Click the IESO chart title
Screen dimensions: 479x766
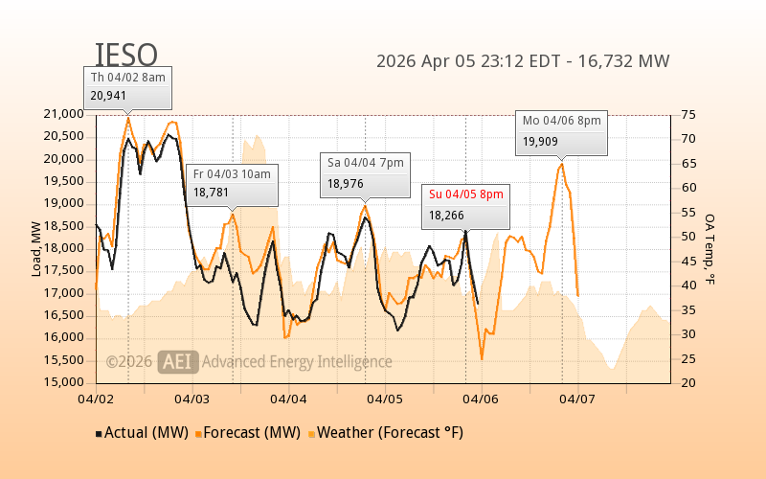pyautogui.click(x=126, y=56)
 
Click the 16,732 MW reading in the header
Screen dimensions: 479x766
pyautogui.click(x=626, y=61)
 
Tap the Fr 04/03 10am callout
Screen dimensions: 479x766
pyautogui.click(x=233, y=182)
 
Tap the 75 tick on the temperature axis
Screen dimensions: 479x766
pyautogui.click(x=688, y=114)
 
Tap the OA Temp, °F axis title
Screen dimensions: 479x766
pyautogui.click(x=710, y=249)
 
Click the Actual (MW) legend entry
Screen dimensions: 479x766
pyautogui.click(x=144, y=432)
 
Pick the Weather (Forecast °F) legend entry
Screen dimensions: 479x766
pyautogui.click(x=386, y=432)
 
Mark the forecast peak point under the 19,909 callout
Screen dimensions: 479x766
pyautogui.click(x=561, y=164)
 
